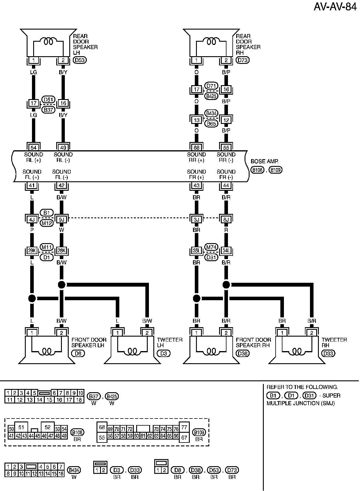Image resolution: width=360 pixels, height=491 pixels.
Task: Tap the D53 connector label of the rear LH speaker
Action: [80, 60]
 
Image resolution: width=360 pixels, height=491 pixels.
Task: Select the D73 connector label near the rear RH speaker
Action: [243, 60]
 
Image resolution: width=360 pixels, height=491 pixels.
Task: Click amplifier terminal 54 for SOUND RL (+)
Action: [33, 147]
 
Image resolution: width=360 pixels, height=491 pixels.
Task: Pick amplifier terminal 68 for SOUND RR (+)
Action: [197, 147]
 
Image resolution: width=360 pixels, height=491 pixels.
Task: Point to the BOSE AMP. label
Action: [264, 161]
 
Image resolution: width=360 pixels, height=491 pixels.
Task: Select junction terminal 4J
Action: [32, 219]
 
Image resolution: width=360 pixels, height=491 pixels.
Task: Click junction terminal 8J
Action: [226, 219]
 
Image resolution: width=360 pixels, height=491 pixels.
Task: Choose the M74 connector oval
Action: [211, 247]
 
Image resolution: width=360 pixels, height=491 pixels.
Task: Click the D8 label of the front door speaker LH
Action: [78, 353]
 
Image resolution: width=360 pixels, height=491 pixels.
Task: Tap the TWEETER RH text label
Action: [334, 343]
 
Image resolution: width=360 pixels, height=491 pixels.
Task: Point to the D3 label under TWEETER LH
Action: [164, 353]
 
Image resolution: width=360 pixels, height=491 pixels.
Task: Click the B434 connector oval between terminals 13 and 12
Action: [211, 113]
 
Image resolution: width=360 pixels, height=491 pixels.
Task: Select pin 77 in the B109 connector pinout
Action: [184, 427]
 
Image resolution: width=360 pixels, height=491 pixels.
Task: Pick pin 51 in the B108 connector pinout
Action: [21, 427]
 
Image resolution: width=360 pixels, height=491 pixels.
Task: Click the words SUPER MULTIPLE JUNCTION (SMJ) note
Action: [303, 400]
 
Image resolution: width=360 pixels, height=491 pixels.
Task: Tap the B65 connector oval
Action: [211, 124]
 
